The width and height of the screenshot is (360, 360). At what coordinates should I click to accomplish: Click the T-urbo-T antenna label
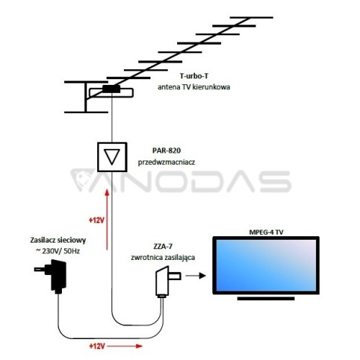(x=194, y=76)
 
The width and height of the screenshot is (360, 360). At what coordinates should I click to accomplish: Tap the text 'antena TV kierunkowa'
(x=194, y=87)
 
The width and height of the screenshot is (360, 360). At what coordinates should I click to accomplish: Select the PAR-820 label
(x=166, y=150)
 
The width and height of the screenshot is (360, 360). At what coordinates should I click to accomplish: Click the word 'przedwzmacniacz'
(x=166, y=162)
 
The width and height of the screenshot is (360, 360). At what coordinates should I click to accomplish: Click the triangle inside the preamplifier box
(x=112, y=156)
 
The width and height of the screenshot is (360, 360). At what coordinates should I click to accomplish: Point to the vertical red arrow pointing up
(x=107, y=220)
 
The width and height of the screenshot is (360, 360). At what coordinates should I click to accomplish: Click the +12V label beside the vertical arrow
(x=96, y=220)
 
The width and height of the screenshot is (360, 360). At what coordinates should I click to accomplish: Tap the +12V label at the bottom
(x=97, y=346)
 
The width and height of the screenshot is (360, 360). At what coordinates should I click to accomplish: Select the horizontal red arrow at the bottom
(x=125, y=346)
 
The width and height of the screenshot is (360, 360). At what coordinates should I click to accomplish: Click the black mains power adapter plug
(x=53, y=276)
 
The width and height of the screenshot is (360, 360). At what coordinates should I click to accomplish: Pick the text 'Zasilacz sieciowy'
(x=58, y=240)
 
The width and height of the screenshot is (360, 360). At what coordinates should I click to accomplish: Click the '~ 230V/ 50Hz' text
(x=58, y=251)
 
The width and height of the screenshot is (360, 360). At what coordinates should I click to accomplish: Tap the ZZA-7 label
(x=163, y=246)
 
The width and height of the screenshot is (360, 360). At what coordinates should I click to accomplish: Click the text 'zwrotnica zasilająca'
(x=163, y=258)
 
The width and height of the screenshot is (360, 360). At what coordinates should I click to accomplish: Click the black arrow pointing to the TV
(x=196, y=276)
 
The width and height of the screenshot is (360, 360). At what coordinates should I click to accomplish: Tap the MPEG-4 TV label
(x=266, y=232)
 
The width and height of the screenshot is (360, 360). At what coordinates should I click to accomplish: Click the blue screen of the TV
(x=266, y=265)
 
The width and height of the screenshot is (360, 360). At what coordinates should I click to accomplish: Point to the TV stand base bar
(x=266, y=299)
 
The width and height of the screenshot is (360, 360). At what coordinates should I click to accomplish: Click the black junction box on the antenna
(x=112, y=89)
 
